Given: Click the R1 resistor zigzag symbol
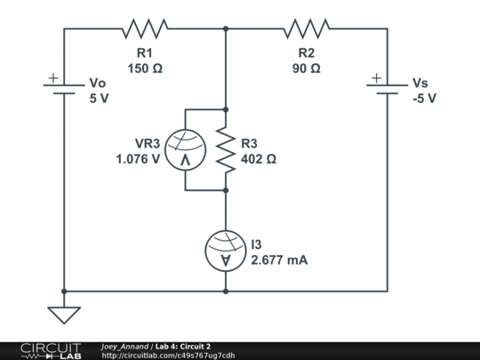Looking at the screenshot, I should click(x=145, y=28).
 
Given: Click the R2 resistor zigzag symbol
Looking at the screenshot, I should click(x=307, y=28).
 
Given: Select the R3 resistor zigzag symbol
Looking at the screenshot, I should click(x=226, y=149).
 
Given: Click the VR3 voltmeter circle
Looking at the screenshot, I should click(x=185, y=149).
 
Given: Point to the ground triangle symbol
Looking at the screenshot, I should click(x=64, y=314).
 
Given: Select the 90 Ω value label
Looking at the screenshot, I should click(x=306, y=68).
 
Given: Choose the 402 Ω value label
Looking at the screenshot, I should click(x=259, y=160).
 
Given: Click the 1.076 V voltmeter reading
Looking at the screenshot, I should click(x=138, y=160).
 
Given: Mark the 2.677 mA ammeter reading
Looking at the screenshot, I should click(x=279, y=260).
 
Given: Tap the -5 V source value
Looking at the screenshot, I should click(x=423, y=98).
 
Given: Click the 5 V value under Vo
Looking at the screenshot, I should click(x=99, y=98).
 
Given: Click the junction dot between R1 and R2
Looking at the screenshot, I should click(x=226, y=28).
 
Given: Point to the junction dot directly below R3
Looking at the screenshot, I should click(x=226, y=190).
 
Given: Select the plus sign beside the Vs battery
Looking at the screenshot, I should click(x=376, y=78).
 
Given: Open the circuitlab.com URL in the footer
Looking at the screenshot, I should click(x=169, y=355).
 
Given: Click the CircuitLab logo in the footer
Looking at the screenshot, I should click(x=51, y=350).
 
